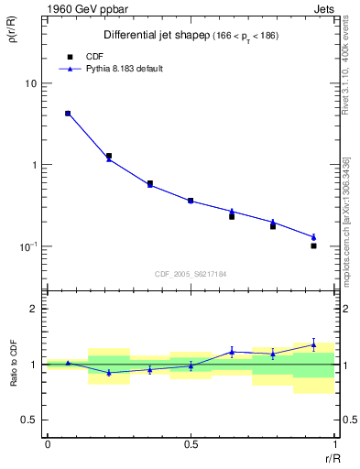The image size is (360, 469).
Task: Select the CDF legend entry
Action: (82, 55)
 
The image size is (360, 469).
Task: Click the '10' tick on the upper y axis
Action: (30, 83)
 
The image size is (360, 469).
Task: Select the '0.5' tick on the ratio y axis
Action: (29, 420)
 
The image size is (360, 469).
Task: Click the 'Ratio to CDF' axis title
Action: (14, 364)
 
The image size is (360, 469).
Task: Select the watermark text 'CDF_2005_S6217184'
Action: (191, 274)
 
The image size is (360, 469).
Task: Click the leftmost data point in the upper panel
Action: (68, 114)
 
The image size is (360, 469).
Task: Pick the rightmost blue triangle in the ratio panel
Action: (313, 345)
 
